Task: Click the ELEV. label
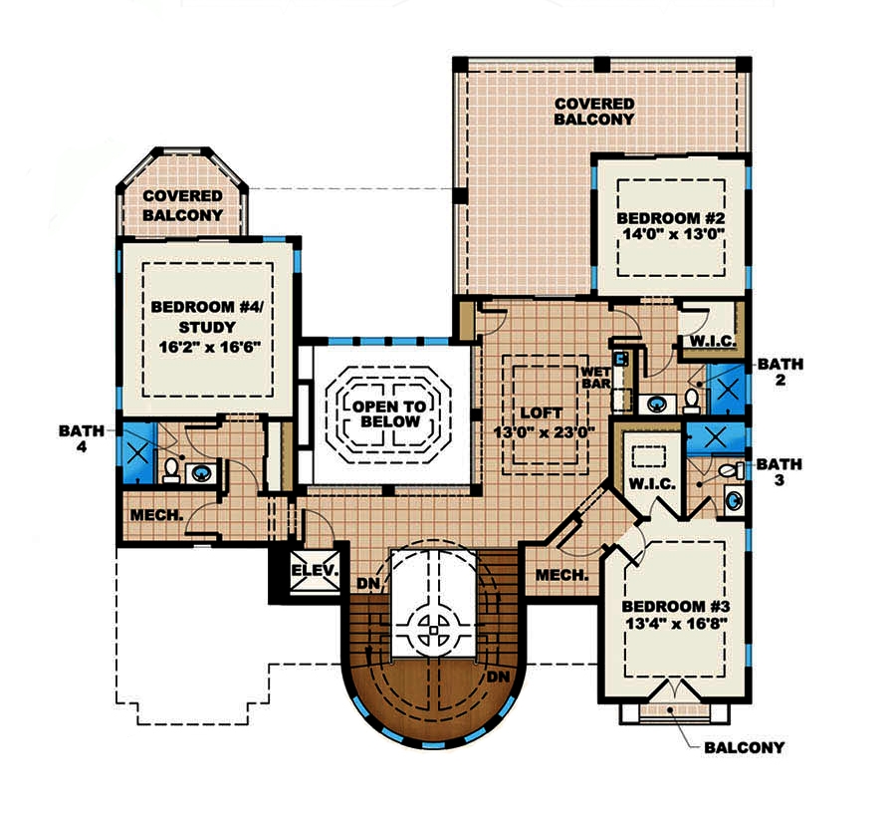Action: coord(316,572)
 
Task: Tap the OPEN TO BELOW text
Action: coord(387,414)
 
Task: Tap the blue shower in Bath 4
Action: coord(138,453)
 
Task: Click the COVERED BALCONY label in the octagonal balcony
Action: coord(182,206)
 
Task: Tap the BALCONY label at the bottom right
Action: coord(744,747)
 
